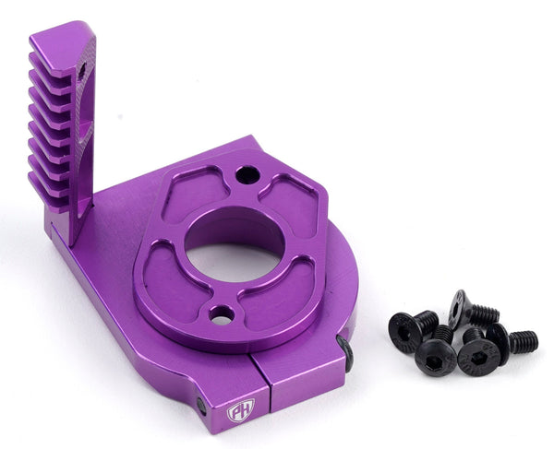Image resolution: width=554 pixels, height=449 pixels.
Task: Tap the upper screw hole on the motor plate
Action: click(246, 173)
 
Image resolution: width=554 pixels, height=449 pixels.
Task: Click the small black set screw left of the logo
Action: click(202, 405)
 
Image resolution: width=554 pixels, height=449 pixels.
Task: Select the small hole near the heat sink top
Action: click(82, 70)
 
